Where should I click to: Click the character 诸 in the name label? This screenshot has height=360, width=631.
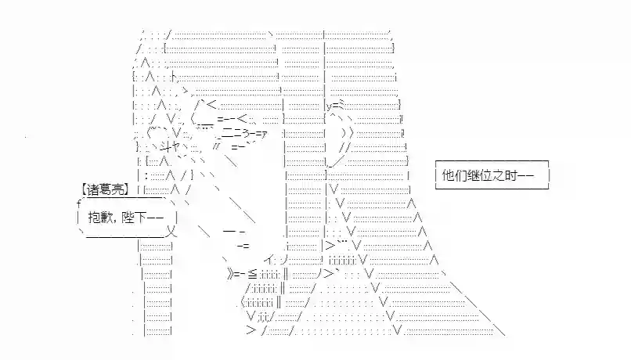tap(92, 189)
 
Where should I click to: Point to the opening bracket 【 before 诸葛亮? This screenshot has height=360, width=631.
tap(83, 189)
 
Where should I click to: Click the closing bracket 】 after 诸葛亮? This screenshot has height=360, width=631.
tap(126, 189)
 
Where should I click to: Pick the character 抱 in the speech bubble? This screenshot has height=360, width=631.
tap(94, 218)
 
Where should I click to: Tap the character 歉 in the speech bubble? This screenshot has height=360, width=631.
tap(106, 218)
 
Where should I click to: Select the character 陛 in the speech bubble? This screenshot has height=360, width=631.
tap(130, 218)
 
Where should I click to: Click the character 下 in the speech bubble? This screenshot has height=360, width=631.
tap(142, 218)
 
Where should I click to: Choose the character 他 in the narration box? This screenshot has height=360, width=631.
tap(449, 175)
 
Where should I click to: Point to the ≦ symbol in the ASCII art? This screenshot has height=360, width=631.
tap(252, 275)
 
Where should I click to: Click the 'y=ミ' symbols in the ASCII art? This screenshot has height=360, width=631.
tap(336, 106)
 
